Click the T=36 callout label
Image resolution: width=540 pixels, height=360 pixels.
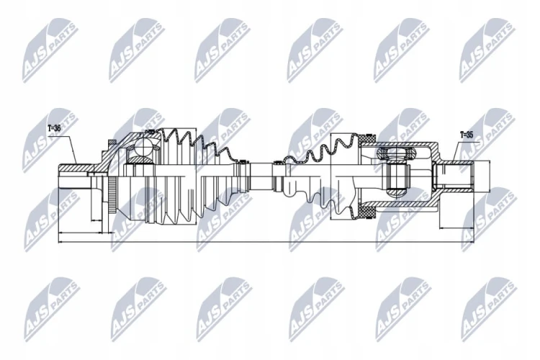pyautogui.click(x=54, y=128)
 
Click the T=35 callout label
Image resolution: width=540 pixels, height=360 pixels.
pyautogui.click(x=467, y=135)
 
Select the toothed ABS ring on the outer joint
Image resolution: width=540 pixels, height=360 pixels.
pyautogui.click(x=111, y=194)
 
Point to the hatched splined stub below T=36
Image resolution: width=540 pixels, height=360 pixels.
pyautogui.click(x=74, y=168)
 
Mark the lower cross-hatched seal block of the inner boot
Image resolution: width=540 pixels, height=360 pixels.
pyautogui.click(x=366, y=212)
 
